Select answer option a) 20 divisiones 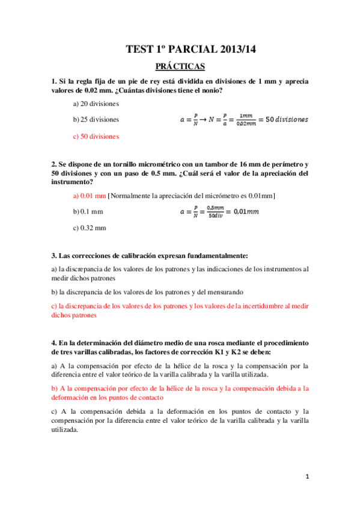(96, 103)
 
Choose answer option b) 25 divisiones (96, 120)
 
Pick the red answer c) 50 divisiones (95, 137)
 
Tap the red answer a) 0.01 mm (89, 195)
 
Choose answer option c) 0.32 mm (89, 228)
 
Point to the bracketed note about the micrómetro (191, 195)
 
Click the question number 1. (54, 81)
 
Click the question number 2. (54, 164)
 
